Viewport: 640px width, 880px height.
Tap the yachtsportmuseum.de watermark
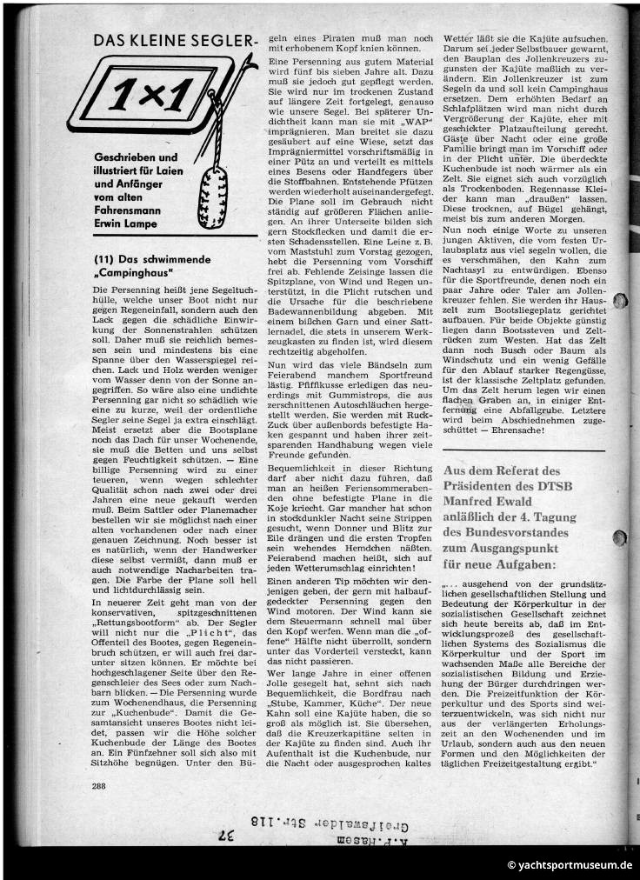569,865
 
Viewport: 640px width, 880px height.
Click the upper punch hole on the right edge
620,303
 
